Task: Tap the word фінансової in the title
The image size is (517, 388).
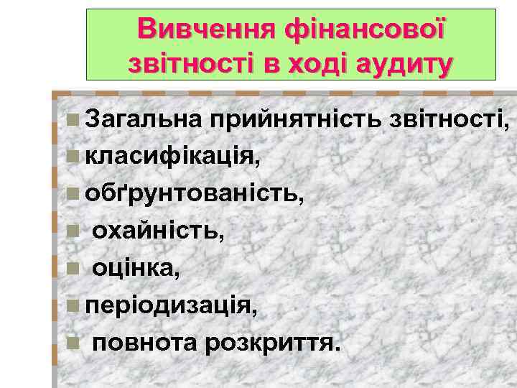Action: (x=365, y=29)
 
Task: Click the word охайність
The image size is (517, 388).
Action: (x=159, y=231)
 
